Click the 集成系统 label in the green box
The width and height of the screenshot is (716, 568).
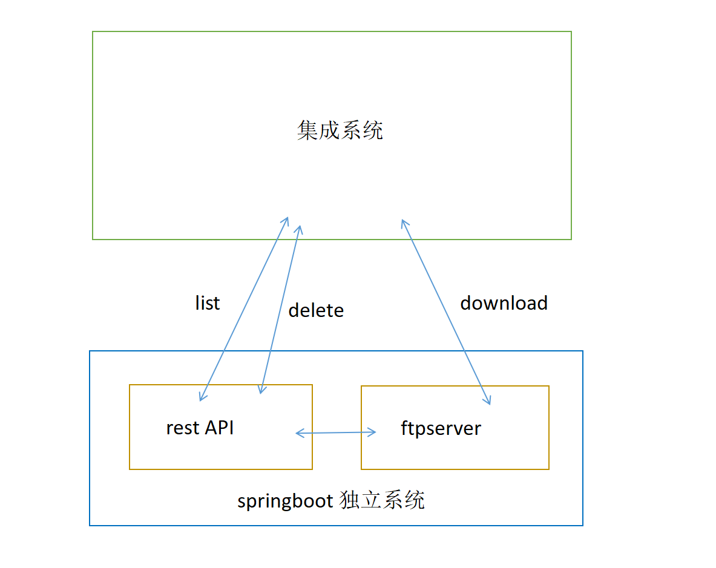(340, 131)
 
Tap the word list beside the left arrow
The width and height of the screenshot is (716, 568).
(207, 302)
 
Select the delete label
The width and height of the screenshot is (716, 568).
(316, 310)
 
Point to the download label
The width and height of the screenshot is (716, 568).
(504, 302)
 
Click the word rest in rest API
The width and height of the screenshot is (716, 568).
(183, 428)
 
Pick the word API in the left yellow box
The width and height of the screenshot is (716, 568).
(219, 428)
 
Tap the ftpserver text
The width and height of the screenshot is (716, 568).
(441, 428)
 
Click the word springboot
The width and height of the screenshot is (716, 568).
(285, 501)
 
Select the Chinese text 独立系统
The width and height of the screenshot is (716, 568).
(382, 501)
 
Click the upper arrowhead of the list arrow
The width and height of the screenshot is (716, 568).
(286, 219)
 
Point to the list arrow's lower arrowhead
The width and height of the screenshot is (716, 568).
(202, 397)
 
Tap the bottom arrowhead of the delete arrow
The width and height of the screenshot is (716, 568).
(261, 390)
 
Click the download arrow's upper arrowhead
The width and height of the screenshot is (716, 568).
(403, 222)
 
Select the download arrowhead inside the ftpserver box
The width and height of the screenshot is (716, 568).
(487, 400)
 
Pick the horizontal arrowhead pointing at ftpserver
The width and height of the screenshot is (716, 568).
(373, 432)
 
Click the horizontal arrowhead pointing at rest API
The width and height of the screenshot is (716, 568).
(298, 433)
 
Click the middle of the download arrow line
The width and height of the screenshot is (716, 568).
(445, 312)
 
